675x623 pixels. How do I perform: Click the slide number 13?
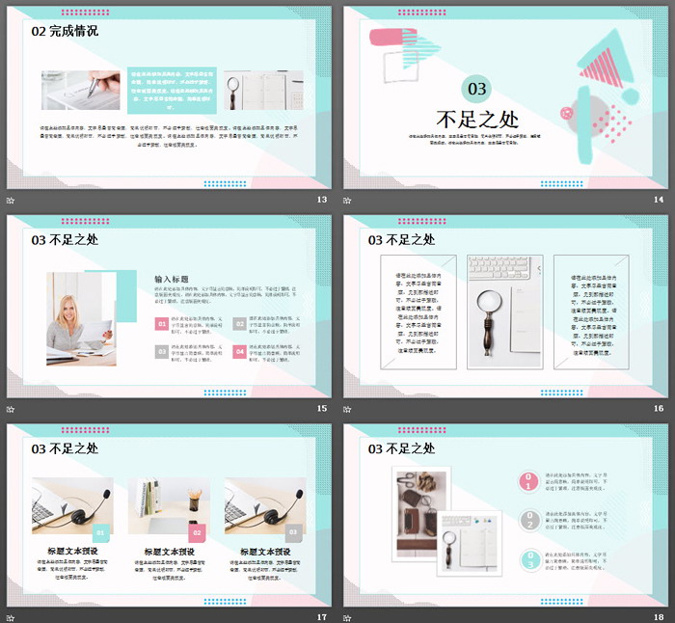322,200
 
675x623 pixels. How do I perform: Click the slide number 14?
659,200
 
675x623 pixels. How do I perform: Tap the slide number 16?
659,409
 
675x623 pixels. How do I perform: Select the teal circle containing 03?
476,90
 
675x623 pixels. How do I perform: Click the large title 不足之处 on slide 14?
476,120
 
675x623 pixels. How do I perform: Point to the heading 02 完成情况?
65,31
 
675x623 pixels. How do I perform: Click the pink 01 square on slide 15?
161,325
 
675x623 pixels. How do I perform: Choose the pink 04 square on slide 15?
240,352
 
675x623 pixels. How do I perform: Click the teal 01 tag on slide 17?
101,531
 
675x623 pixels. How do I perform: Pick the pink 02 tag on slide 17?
197,531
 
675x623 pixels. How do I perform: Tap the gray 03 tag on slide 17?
294,531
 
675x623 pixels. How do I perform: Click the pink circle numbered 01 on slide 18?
528,482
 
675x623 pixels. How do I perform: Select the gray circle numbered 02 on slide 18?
528,521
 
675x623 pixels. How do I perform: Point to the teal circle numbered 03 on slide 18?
528,560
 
